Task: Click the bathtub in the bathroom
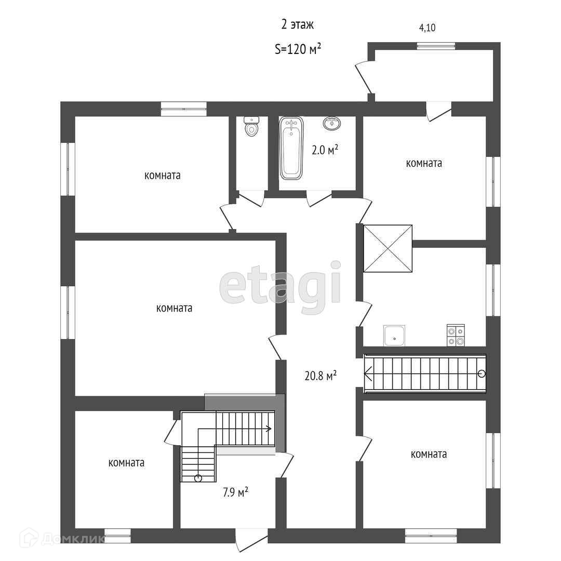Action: pos(291,148)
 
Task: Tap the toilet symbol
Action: pos(252,126)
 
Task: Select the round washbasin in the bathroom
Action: pos(331,124)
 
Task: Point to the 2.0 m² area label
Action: pos(325,150)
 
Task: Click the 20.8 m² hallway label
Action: pos(320,376)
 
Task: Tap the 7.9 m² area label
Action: pos(235,492)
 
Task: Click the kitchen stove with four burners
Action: pos(456,336)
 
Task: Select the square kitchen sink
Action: pos(394,336)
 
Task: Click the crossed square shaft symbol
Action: pos(388,248)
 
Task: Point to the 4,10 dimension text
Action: pos(427,28)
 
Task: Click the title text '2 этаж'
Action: pos(297,25)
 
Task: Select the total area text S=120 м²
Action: pos(298,49)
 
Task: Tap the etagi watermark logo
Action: pos(280,286)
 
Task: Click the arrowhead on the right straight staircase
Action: pos(368,374)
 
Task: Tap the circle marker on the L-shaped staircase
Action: pos(198,478)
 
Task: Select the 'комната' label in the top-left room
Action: pos(163,176)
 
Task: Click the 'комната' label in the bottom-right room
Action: pos(429,455)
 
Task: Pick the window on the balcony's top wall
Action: pos(436,46)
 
